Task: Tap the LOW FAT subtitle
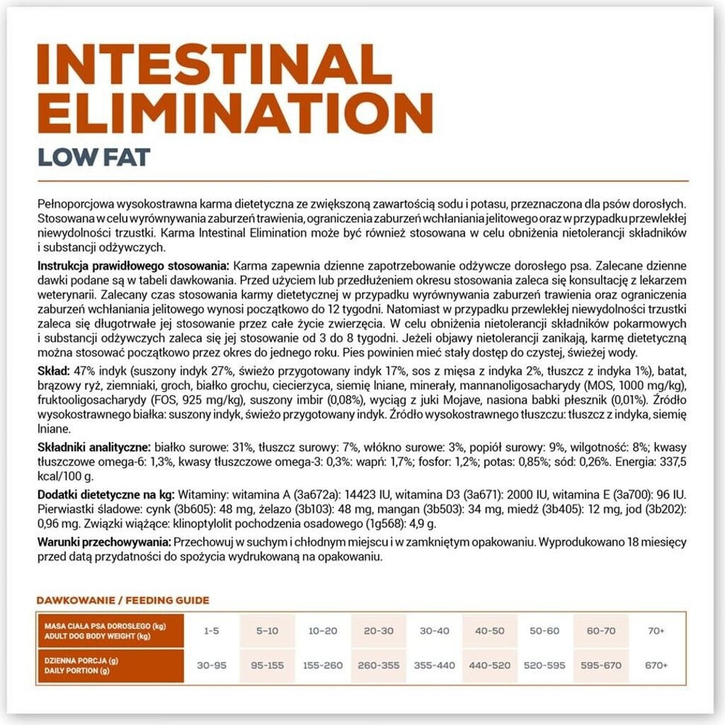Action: click(x=93, y=156)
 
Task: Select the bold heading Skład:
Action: click(x=53, y=371)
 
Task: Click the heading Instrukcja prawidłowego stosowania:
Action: click(x=133, y=266)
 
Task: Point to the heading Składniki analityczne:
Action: click(x=93, y=447)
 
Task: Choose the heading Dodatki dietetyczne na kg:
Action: click(x=105, y=492)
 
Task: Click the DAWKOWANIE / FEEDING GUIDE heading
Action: click(x=123, y=600)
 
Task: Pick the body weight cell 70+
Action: click(x=656, y=630)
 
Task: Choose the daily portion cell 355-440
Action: click(x=434, y=666)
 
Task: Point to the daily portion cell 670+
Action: click(x=656, y=666)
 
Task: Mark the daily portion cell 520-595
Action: click(x=545, y=666)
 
